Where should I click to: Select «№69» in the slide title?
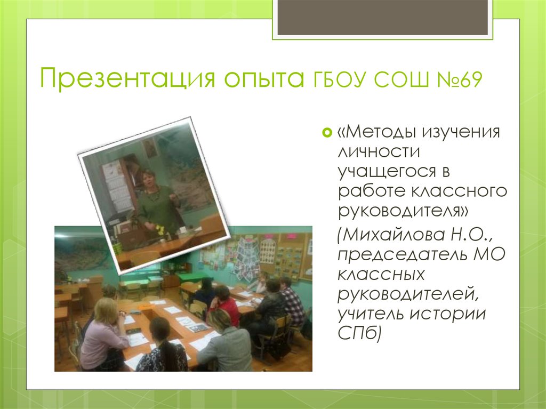pos(457,80)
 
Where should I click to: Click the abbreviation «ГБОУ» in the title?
pos(334,80)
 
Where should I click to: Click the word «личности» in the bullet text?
pos(379,151)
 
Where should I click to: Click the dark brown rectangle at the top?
pos(382,18)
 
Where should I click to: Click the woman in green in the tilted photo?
pos(155,200)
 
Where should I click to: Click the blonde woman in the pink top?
pos(104,333)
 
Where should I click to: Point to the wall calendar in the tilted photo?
pos(118,187)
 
